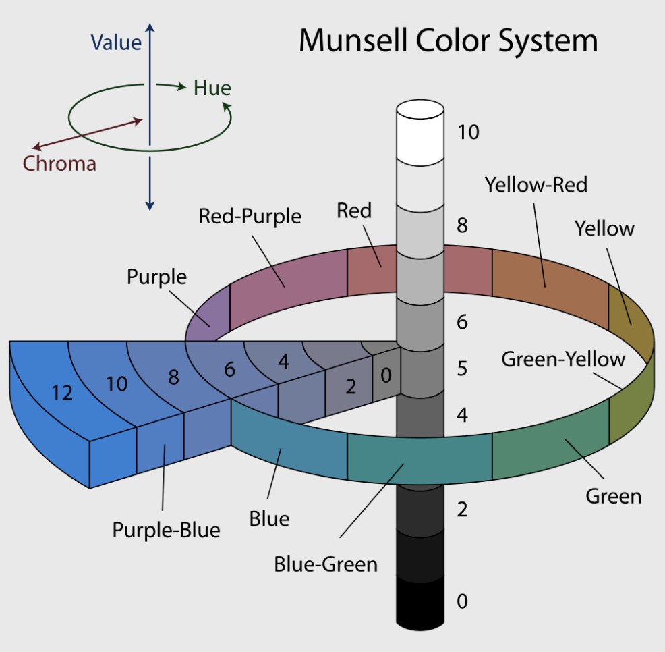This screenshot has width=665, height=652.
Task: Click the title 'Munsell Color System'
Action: pos(449,42)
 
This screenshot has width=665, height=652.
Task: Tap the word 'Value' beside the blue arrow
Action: pos(116,43)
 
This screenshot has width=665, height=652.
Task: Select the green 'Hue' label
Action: pos(212,88)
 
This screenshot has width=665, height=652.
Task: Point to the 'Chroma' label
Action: pos(59,164)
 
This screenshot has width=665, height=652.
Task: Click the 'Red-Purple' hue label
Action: pos(250,216)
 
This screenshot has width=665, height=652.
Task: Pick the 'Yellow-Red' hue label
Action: pos(536,185)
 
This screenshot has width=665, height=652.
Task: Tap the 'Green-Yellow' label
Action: pos(563,359)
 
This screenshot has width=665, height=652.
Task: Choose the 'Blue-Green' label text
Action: pos(326,564)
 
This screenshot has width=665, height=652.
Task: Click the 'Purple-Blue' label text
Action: pos(166,531)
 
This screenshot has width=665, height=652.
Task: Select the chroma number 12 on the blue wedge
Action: pos(62,393)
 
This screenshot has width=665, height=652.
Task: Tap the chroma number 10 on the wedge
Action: pos(117,384)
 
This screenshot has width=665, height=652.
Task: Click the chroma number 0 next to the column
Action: pos(386,375)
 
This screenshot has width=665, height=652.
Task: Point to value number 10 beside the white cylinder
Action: pos(469,132)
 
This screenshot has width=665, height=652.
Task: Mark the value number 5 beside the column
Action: pos(462,369)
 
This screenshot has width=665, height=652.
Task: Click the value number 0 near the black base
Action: pos(462,601)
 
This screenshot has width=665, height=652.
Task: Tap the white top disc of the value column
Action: pos(420,109)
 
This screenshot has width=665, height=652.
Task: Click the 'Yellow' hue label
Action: pos(604,229)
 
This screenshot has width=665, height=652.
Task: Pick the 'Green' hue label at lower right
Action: pos(614,496)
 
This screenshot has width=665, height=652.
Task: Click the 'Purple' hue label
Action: pos(157,277)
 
